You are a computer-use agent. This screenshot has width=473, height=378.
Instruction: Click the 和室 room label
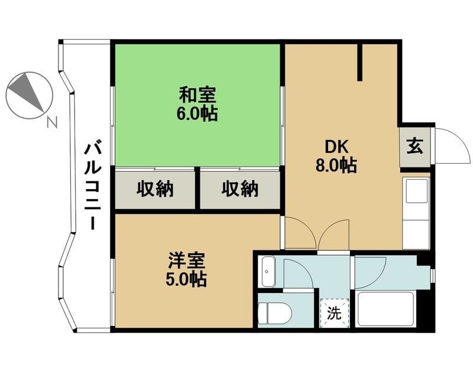point(197,94)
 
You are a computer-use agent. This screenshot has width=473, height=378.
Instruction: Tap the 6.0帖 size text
point(197,113)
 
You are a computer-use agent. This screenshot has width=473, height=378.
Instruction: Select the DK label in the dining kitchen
point(335,146)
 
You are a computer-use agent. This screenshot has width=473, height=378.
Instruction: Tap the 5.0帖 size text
point(186,279)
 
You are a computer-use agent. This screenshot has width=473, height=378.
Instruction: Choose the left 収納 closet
point(155,189)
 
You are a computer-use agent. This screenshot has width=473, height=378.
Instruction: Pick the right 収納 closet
point(240,189)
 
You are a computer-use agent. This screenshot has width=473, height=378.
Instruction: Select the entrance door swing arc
point(451,145)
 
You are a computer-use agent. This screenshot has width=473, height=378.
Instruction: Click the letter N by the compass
point(52,123)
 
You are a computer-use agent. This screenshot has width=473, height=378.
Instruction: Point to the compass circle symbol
point(28,94)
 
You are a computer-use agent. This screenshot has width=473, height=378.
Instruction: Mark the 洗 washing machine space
point(335,314)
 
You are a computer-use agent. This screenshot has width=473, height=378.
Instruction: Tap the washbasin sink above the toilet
point(268,272)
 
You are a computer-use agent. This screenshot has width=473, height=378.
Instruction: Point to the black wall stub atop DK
point(359,63)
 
